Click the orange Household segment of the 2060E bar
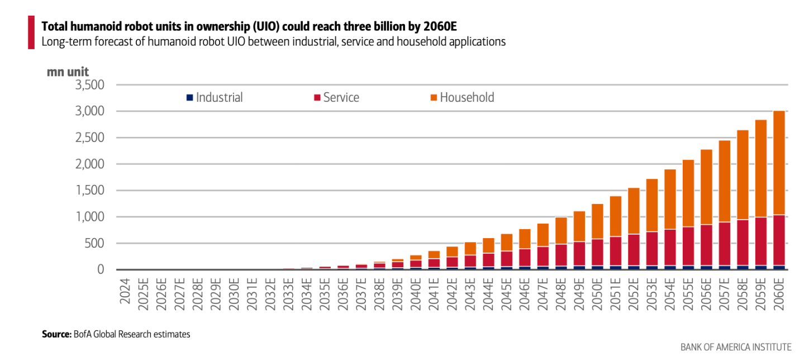[x=779, y=163]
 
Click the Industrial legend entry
[x=215, y=98]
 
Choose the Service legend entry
[x=336, y=98]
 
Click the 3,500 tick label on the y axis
[x=89, y=85]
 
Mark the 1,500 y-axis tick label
[x=89, y=191]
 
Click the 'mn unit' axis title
[x=68, y=72]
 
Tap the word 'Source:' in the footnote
[x=56, y=334]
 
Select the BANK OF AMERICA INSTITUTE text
[x=736, y=347]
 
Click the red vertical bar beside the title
[x=31, y=32]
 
